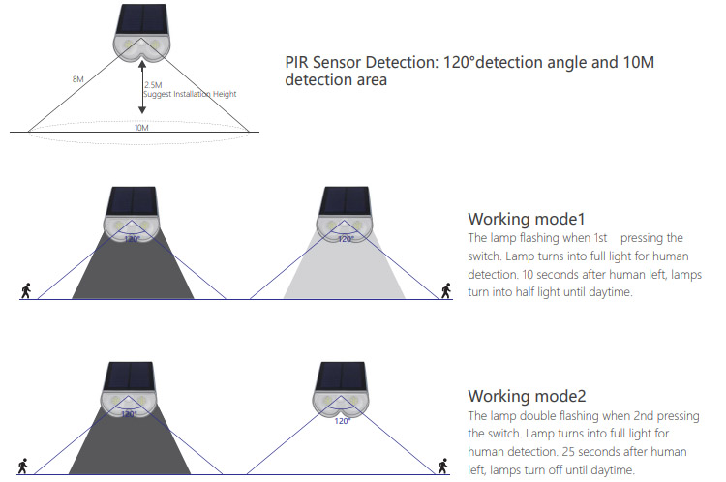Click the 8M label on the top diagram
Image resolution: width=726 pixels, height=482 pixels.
[x=76, y=78]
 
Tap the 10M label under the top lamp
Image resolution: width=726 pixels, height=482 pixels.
[x=141, y=128]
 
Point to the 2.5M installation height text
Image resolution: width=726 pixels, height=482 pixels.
[x=153, y=85]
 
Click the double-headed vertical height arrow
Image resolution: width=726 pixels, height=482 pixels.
[x=141, y=87]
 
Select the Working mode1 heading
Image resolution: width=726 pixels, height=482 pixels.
[x=526, y=218]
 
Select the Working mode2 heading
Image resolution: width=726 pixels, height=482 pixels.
[x=526, y=396]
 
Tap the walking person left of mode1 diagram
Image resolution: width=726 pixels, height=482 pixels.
[x=25, y=289]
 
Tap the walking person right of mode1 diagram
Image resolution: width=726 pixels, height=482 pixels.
[x=446, y=288]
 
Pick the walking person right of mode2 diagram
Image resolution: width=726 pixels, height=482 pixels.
[x=443, y=467]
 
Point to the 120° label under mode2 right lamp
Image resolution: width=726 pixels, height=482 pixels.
[x=342, y=421]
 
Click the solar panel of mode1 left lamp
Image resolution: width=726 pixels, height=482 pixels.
[x=131, y=201]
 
